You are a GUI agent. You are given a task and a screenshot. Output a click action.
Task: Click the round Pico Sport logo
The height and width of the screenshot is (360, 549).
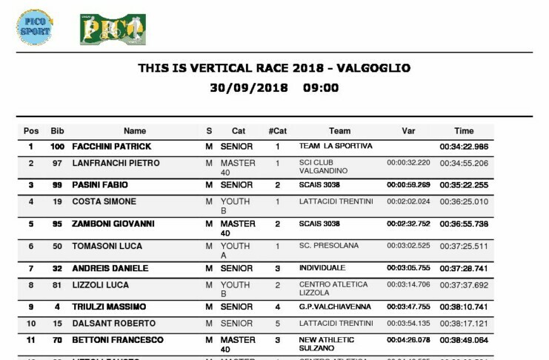coord(34,27)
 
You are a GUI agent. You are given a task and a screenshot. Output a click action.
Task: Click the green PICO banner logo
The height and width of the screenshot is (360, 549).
coord(113,30)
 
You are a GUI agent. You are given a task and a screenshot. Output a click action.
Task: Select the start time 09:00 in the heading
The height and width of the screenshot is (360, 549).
coord(321,87)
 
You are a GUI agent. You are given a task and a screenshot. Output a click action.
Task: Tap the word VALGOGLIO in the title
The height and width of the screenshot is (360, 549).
coord(373,68)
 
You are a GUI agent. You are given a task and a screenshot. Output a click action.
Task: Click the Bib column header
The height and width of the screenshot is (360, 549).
coord(57,131)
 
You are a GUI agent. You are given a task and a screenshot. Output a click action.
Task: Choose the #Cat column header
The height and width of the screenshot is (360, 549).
coord(277,131)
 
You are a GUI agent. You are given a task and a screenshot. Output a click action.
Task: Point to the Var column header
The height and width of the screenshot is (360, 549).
coord(407,131)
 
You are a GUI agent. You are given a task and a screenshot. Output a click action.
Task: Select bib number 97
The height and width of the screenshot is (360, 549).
coord(57,163)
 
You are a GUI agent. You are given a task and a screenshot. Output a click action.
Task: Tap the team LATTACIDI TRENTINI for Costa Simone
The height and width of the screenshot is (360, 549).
coord(336,201)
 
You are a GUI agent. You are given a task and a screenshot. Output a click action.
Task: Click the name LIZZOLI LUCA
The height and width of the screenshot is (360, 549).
coord(100,284)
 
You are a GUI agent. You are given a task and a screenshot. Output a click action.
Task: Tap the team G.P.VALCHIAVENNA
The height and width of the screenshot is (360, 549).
coord(332,307)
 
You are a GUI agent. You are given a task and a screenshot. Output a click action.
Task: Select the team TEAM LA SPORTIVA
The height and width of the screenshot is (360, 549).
coord(336,147)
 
